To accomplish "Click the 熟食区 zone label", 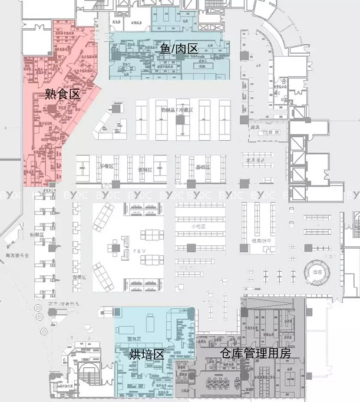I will [x=62, y=93].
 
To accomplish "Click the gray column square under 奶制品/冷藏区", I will [x=180, y=120].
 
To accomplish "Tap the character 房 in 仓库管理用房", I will [x=285, y=353].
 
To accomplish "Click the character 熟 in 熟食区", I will [x=51, y=93].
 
